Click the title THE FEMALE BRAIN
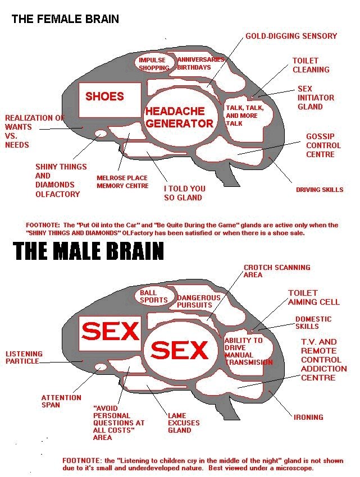coord(65,19)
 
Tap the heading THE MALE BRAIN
coord(88,251)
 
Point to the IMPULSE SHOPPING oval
coord(153,63)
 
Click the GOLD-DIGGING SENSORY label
coord(291,36)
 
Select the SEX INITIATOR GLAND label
coord(315,98)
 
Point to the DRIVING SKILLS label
coord(319,190)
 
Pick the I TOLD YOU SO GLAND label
coord(184,193)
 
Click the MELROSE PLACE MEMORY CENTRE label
coord(122,182)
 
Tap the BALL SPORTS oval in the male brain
coord(153,296)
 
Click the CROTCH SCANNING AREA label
coord(276,271)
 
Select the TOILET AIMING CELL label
coord(313,297)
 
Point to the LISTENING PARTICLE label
coord(24,357)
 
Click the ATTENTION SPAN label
coord(61,401)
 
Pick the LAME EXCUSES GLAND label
coord(184,423)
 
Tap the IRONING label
coord(308,417)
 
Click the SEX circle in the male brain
coord(179,351)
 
